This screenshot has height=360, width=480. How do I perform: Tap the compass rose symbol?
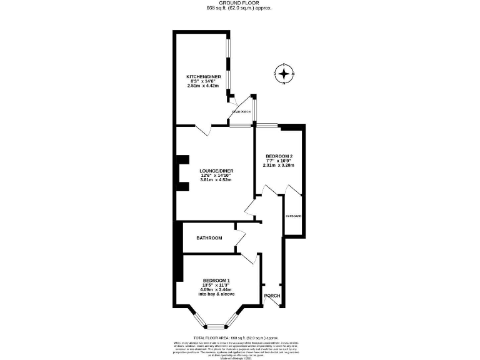284,74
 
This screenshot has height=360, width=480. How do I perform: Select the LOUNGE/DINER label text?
216,171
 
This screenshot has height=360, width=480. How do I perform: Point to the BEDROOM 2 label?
279,156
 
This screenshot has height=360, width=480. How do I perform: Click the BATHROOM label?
209,238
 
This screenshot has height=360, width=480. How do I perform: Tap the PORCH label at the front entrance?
272,296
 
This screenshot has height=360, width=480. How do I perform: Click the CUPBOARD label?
294,216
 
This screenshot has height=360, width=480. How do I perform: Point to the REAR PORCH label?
242,112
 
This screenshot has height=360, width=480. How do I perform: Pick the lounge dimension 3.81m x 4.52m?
216,180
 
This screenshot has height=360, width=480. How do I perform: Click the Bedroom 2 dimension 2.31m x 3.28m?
279,165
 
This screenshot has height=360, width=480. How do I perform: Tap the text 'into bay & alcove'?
216,294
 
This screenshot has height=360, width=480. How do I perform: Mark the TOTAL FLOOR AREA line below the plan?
240,336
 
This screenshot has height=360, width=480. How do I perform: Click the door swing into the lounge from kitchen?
204,130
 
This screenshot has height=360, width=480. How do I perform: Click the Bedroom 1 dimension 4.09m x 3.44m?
216,290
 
